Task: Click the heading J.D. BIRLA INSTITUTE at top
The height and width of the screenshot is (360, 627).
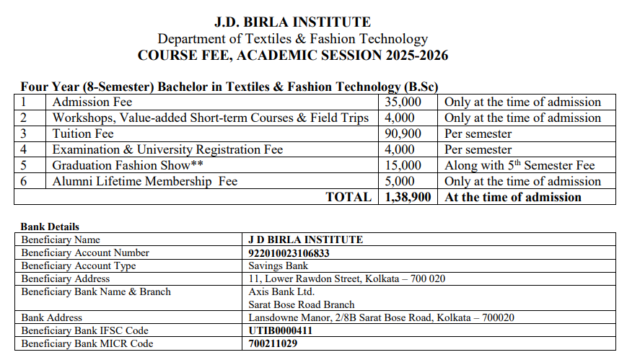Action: coord(292,22)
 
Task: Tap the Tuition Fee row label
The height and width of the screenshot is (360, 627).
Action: coord(83,133)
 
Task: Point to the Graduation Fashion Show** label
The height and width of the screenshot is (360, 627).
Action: coord(133,165)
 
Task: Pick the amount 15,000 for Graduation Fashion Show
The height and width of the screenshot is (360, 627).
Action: coord(403,165)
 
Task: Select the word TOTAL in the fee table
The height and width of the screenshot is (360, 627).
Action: coord(348,197)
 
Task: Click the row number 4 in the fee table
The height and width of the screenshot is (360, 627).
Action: coord(24,149)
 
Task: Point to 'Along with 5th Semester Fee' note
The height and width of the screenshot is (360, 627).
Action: coord(519,165)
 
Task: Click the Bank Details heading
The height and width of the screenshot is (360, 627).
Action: coord(50,227)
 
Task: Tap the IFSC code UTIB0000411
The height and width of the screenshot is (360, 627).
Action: coord(281,330)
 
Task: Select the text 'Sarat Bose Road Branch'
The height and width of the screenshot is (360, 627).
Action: coord(302,304)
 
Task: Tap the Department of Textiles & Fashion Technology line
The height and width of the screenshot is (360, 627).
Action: coord(292,39)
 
